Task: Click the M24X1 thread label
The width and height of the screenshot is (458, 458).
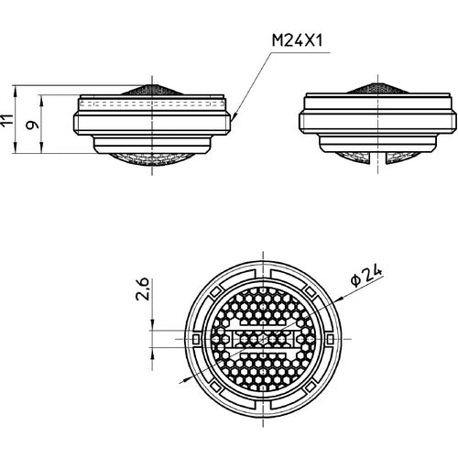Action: pyautogui.click(x=297, y=40)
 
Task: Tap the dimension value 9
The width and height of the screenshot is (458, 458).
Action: pyautogui.click(x=32, y=125)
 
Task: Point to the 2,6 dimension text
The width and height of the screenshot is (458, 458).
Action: pyautogui.click(x=142, y=289)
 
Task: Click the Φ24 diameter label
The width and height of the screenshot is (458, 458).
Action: pyautogui.click(x=366, y=276)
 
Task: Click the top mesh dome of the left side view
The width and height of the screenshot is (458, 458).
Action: pyautogui.click(x=152, y=89)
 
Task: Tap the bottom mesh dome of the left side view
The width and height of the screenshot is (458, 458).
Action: pyautogui.click(x=152, y=159)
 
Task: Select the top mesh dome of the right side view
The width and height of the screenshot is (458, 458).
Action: pyautogui.click(x=377, y=88)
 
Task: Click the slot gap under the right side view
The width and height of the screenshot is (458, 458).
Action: pyautogui.click(x=378, y=158)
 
